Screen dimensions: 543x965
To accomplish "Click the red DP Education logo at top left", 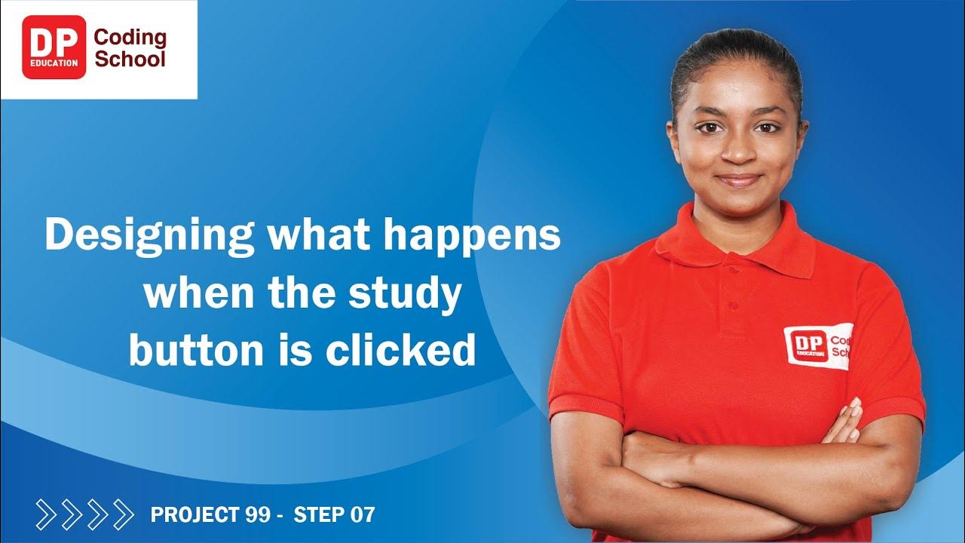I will [x=54, y=48].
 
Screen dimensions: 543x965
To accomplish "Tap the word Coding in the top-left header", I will [x=130, y=37].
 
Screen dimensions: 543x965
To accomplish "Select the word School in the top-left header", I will [x=130, y=59].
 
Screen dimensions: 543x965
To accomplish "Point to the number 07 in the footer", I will [x=362, y=516].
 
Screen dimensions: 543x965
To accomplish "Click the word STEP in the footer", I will [x=318, y=516].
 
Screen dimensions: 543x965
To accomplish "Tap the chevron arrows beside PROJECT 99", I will [x=84, y=514].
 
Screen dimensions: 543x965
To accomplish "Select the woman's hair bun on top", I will [x=735, y=45].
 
